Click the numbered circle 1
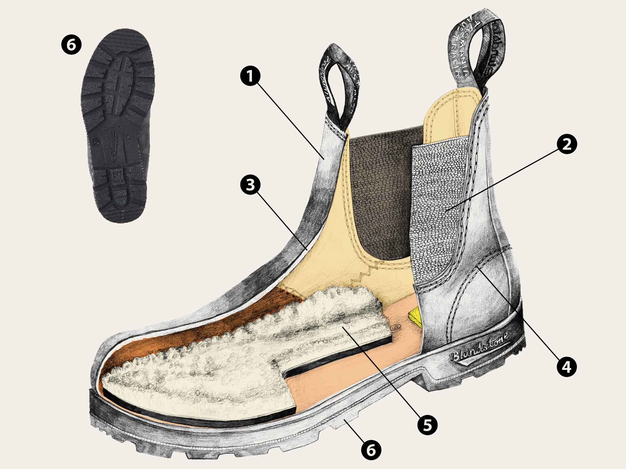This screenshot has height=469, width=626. (x=250, y=76)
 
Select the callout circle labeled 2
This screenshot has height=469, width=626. (x=567, y=144)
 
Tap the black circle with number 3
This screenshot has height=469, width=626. (x=250, y=185)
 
